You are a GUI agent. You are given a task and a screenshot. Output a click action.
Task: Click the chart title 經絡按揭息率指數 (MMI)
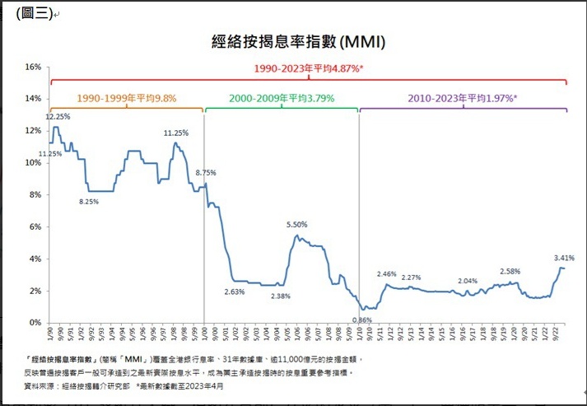tap(293, 41)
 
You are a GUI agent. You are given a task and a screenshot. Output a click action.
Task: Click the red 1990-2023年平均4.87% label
tap(309, 69)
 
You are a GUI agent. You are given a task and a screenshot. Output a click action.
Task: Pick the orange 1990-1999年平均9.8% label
tap(127, 97)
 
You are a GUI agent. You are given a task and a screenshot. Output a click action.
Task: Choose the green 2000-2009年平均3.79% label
tap(282, 97)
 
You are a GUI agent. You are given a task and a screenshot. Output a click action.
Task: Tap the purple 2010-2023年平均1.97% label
tap(463, 97)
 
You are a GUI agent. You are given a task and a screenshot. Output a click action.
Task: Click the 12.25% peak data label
tap(58, 117)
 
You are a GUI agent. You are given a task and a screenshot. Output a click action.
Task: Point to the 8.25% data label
tap(89, 202)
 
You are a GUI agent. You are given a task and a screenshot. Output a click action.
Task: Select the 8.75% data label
tap(206, 172)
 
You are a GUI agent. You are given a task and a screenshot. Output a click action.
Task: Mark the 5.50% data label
tap(297, 225)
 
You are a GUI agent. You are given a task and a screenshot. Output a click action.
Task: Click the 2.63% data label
tap(235, 292)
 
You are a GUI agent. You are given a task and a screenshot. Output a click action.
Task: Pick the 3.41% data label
tap(563, 258)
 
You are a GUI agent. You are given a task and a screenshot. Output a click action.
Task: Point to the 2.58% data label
tap(510, 272)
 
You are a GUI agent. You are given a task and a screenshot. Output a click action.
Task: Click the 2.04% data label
tap(468, 281)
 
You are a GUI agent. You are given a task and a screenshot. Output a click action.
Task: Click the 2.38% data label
tap(278, 296)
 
